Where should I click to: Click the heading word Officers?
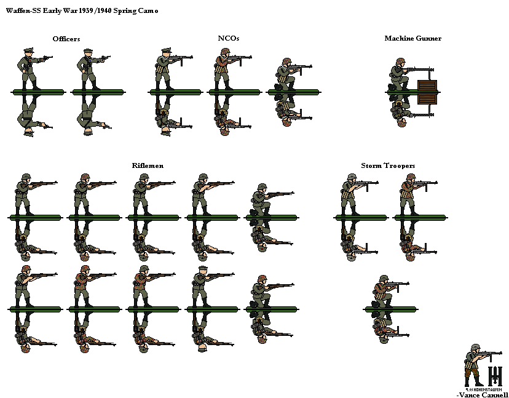pos(66,39)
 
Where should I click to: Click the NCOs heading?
pos(229,38)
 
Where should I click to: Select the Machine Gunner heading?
pos(412,38)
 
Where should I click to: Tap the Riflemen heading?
pos(148,165)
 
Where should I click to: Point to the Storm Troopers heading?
pos(388,165)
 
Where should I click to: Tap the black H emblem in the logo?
pos(495,375)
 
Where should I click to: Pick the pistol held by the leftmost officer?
pos(46,58)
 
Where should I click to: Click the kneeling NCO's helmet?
pos(286,62)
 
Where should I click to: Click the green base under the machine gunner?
pos(412,92)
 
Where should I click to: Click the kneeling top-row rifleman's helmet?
pos(261,187)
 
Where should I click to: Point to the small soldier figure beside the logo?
pos(475,364)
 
